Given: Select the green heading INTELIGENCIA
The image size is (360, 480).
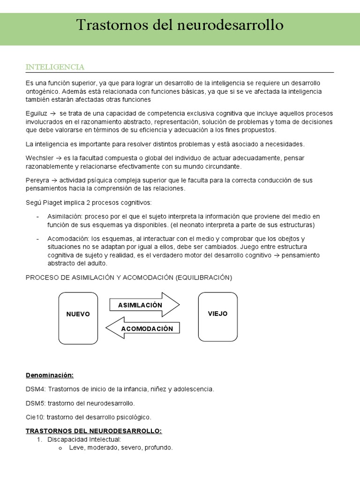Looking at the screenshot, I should point(55,67).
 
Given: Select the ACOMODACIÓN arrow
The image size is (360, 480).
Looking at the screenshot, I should point(145,329).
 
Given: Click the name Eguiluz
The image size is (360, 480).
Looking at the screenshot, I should point(36,114).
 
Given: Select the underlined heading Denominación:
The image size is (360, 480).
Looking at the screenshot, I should point(50,375).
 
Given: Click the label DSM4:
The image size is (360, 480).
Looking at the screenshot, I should point(36,389).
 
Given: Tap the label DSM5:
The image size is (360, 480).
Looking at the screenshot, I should point(36,403).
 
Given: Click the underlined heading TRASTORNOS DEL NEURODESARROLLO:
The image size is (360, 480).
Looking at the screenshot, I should point(94,431).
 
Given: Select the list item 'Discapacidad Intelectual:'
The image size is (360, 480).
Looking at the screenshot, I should point(84,439).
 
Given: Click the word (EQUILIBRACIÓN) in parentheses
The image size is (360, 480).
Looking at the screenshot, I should point(204,277).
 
